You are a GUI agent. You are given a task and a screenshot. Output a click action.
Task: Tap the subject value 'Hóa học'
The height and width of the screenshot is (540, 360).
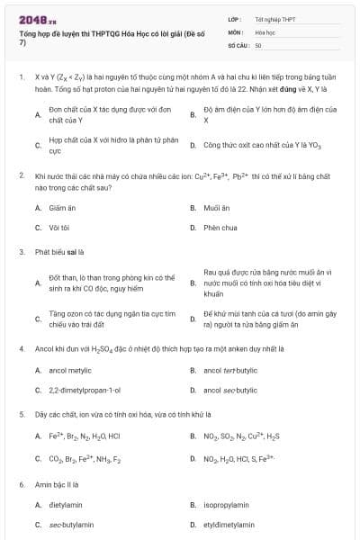pos(265,31)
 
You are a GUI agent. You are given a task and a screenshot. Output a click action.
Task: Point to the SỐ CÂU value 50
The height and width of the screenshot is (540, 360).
pos(258,44)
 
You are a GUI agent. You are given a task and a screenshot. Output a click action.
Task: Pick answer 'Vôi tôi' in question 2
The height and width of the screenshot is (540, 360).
pos(59,228)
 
